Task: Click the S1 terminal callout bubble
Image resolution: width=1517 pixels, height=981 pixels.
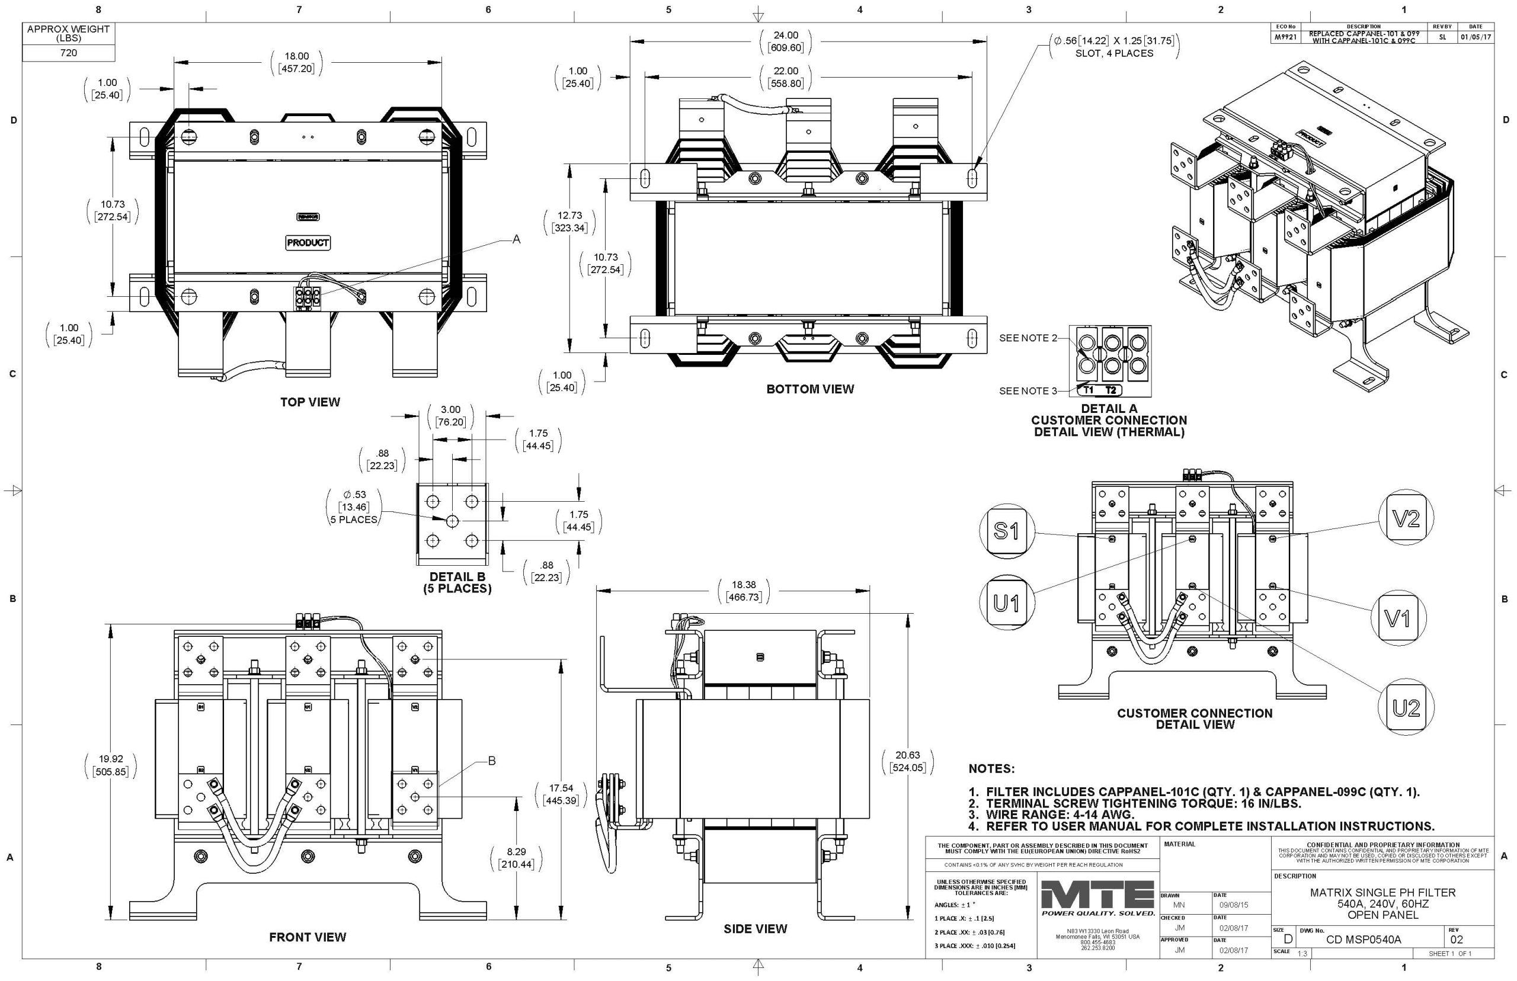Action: point(1006,531)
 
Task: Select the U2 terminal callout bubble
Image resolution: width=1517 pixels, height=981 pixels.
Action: point(1406,708)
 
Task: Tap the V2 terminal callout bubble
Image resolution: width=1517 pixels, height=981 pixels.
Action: point(1406,520)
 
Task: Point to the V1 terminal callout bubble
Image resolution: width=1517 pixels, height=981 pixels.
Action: point(1398,617)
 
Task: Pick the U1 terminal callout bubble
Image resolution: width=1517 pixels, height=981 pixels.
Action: point(1006,602)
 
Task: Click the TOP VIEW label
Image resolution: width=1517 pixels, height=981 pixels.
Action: point(311,402)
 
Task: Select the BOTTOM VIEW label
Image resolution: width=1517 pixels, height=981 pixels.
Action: point(810,389)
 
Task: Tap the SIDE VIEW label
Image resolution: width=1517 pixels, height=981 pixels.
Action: point(755,929)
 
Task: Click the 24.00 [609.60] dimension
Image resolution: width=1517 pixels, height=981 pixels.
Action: point(786,41)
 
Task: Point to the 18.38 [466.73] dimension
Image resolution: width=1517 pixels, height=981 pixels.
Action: point(744,591)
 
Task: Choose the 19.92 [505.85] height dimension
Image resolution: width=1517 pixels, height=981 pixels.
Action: point(111,765)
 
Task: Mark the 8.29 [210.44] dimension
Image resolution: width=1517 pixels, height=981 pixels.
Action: point(517,857)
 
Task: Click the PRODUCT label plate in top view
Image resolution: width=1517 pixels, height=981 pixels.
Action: point(308,243)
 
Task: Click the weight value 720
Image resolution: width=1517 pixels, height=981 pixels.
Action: point(68,53)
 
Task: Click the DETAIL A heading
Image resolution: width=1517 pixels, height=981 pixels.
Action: point(1109,408)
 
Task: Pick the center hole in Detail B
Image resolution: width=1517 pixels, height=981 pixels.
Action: point(452,521)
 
